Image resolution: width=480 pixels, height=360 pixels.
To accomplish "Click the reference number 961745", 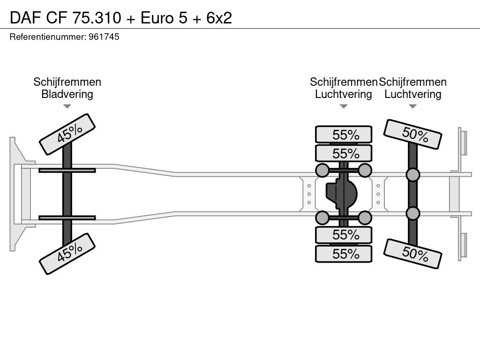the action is (104, 37).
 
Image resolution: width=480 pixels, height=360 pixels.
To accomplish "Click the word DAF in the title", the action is (25, 18).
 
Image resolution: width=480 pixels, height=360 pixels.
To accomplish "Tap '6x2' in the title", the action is (219, 18).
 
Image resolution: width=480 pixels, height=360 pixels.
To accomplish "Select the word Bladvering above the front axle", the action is (67, 94).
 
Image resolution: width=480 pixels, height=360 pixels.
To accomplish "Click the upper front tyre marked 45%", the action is (67, 135).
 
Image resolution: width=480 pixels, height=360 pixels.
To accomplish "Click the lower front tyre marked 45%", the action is (67, 254).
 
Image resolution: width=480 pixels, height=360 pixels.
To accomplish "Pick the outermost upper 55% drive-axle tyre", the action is (344, 135).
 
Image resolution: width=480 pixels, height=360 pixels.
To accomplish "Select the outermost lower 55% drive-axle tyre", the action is (344, 254).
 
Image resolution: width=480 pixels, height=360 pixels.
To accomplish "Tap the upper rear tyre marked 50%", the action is (412, 135).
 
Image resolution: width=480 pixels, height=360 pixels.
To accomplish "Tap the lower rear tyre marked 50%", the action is (412, 254).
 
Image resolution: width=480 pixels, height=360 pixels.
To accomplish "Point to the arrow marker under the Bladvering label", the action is (67, 106).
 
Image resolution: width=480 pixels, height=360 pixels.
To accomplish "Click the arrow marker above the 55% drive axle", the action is (344, 106).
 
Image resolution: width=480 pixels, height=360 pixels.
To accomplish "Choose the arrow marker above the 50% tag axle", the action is (412, 106).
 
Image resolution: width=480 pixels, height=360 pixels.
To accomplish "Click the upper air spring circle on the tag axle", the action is (412, 175).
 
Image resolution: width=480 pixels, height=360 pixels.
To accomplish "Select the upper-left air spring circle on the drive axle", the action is (322, 171).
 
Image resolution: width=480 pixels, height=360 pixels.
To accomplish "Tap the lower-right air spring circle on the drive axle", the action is (365, 217).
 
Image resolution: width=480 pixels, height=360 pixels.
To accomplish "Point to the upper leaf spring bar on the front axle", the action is (67, 171).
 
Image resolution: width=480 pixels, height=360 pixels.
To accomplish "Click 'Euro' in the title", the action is (157, 18).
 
